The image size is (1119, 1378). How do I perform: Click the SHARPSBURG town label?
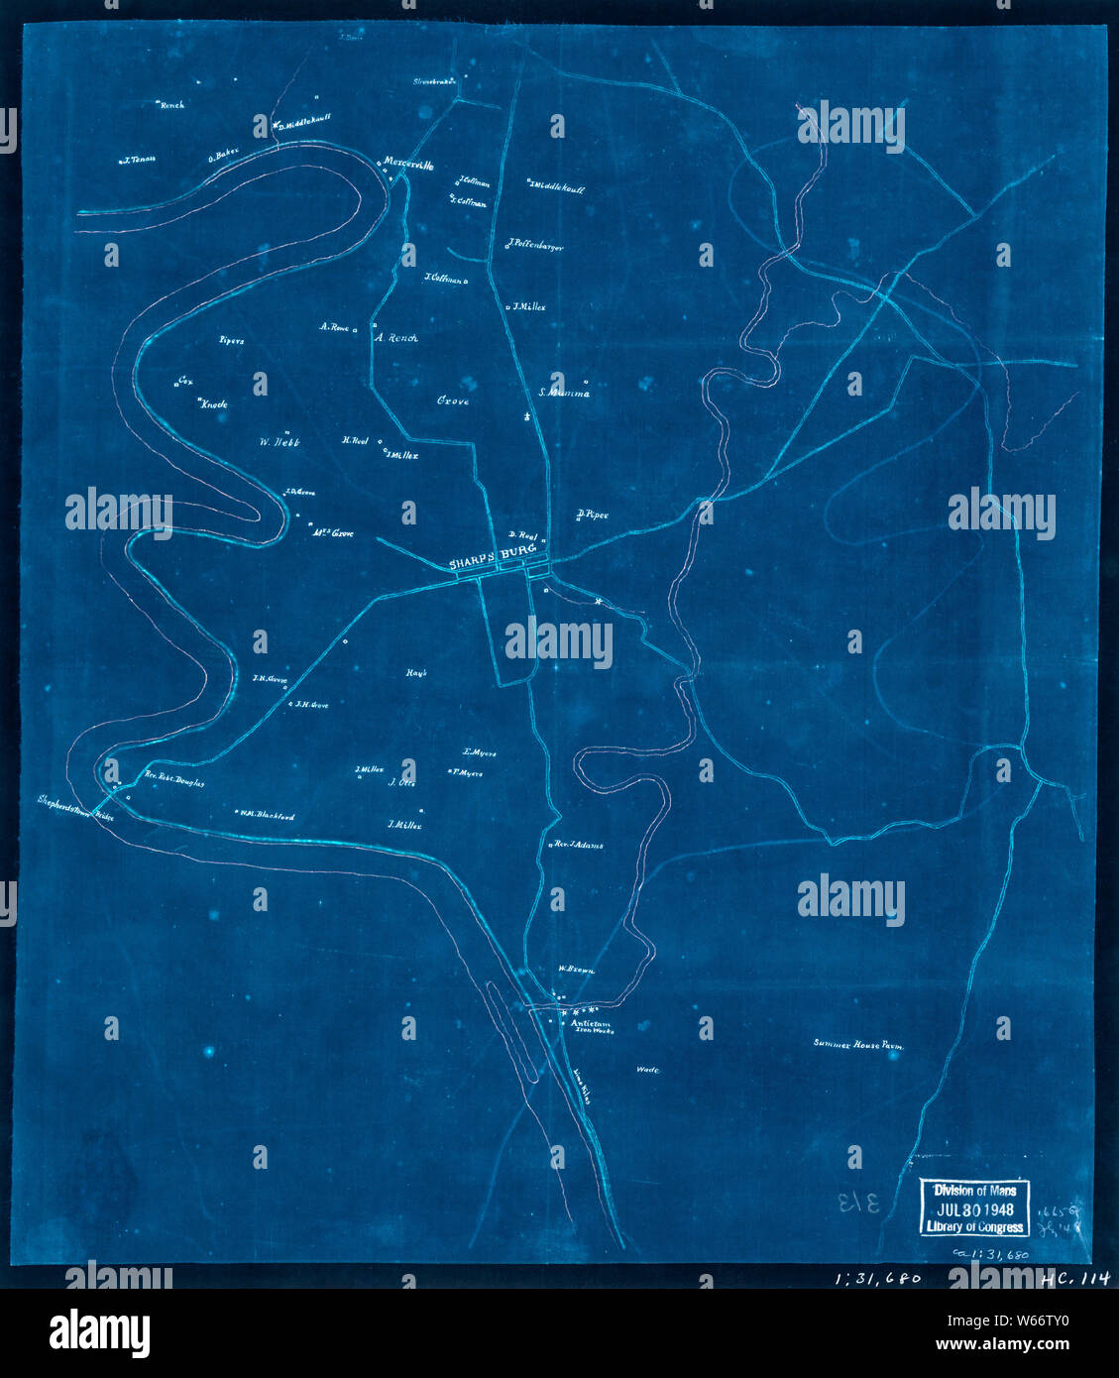pos(493,562)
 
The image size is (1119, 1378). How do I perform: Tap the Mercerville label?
pos(408,166)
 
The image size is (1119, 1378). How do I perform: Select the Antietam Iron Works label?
pos(591,1027)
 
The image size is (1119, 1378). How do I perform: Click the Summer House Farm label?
pos(858,1044)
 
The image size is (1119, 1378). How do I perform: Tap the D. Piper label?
pos(592,515)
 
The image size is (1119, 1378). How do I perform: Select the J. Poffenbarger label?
pos(536,246)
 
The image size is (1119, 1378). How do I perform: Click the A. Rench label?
pos(396,338)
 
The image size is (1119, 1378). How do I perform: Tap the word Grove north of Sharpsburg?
pos(453,402)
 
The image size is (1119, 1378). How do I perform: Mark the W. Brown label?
pos(575,971)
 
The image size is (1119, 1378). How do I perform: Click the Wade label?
pos(648,1071)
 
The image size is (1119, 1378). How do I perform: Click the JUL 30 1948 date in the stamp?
pos(974,1208)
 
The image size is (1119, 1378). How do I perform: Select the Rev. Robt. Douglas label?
pos(174,781)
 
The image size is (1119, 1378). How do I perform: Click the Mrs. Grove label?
pos(333,533)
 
